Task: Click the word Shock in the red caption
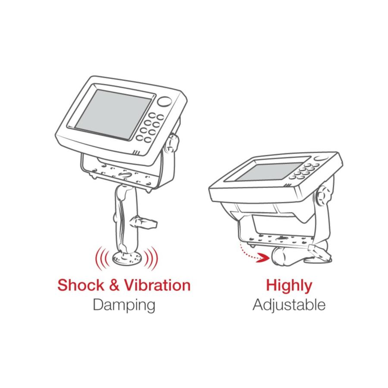81,285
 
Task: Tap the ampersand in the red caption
114,285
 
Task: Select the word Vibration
157,285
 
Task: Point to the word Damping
124,306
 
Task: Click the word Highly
289,286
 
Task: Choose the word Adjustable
289,305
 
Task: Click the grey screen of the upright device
113,114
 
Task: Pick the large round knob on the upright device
165,102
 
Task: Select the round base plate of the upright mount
127,258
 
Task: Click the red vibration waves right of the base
151,258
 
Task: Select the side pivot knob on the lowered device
322,195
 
